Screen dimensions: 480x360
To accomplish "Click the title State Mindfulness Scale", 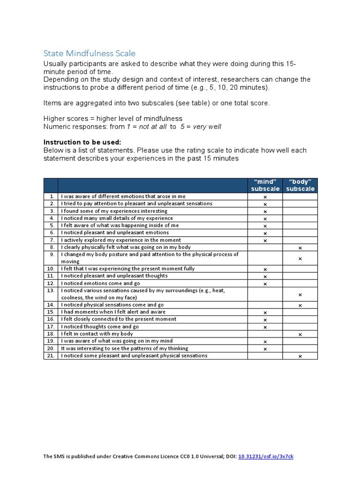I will (90, 53).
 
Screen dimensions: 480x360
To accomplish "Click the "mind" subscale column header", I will (265, 185).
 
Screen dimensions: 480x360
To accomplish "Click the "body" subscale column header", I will (300, 185).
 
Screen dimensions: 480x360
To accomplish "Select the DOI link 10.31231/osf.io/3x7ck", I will (266, 456).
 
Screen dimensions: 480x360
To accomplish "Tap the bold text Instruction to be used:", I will (82, 142).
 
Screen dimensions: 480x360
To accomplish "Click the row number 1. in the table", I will (52, 196).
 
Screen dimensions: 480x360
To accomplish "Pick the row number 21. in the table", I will (51, 356).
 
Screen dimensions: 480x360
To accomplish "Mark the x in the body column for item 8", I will (300, 247).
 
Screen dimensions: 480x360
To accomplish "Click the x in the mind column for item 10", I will (265, 269).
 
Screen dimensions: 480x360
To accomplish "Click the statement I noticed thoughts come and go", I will (100, 327).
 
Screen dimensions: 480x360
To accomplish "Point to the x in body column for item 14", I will (300, 305).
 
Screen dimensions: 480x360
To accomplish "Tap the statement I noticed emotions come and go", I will (100, 284).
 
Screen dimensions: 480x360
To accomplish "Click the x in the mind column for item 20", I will (265, 349).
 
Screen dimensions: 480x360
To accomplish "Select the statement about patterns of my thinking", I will (124, 348).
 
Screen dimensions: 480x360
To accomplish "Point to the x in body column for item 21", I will (300, 356).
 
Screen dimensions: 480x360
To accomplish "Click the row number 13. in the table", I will (51, 291).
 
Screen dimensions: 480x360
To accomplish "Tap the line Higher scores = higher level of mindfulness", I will (113, 119).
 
